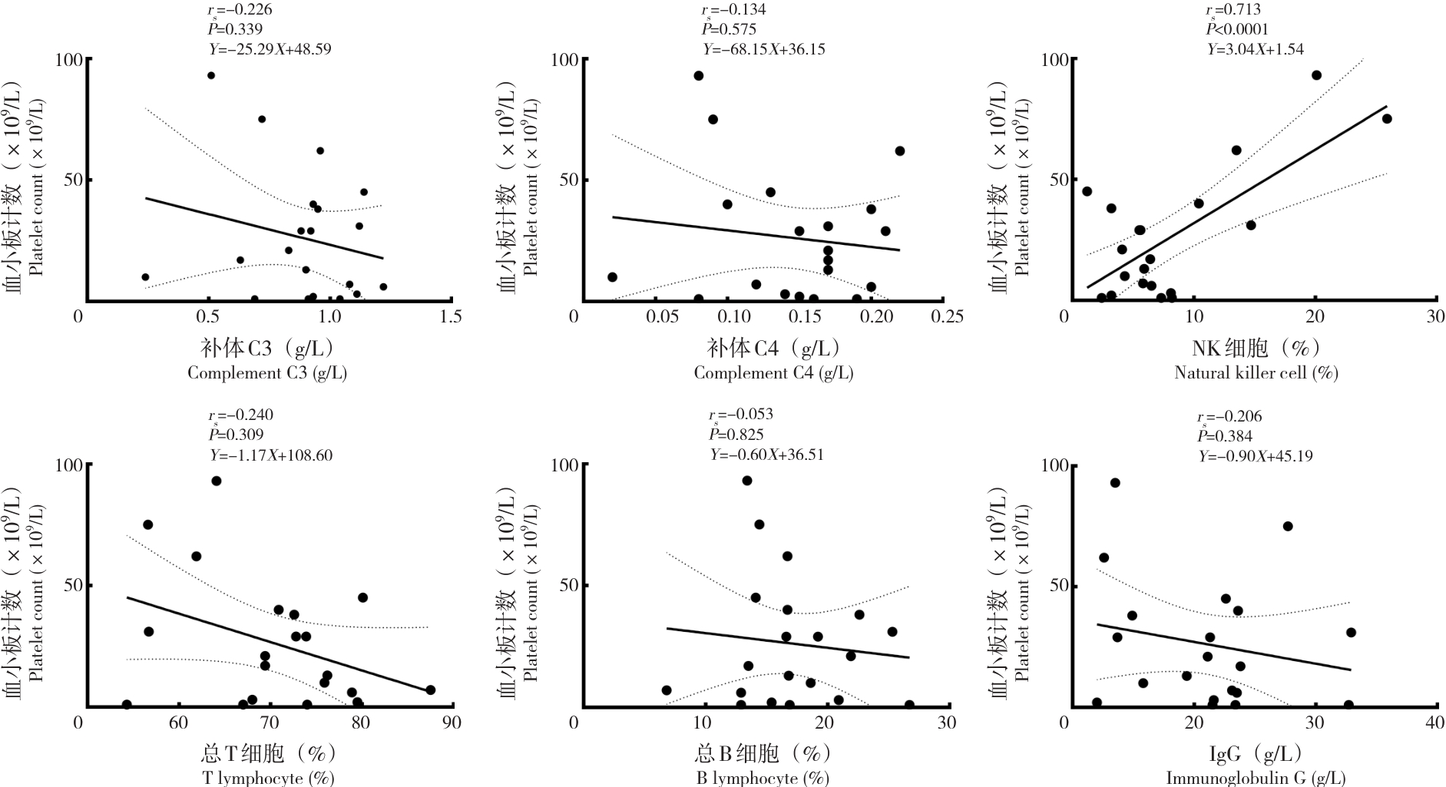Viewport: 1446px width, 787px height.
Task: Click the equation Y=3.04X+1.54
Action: (1255, 49)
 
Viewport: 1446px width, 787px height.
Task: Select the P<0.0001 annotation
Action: (1236, 29)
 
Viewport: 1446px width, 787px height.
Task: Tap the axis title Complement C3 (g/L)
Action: (267, 373)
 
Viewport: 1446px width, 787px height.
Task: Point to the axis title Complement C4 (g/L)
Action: (773, 373)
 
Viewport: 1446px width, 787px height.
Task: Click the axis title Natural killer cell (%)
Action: (1256, 373)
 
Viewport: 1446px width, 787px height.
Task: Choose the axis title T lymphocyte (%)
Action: (269, 778)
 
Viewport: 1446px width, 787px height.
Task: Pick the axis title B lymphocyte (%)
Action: (763, 778)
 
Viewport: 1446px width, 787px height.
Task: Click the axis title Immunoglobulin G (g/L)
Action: (1256, 778)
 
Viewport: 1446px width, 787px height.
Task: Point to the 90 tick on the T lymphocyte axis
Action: (452, 722)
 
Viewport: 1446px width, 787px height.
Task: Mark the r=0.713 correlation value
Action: (1233, 10)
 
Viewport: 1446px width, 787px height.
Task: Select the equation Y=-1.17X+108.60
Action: (271, 455)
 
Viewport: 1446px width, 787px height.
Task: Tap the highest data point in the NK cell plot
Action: (1316, 75)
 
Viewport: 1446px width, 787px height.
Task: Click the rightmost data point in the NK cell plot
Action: (1387, 119)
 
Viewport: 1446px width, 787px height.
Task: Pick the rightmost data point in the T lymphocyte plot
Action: (430, 690)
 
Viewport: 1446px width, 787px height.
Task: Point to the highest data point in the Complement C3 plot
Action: (211, 75)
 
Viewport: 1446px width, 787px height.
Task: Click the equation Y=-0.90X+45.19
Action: (1256, 456)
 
